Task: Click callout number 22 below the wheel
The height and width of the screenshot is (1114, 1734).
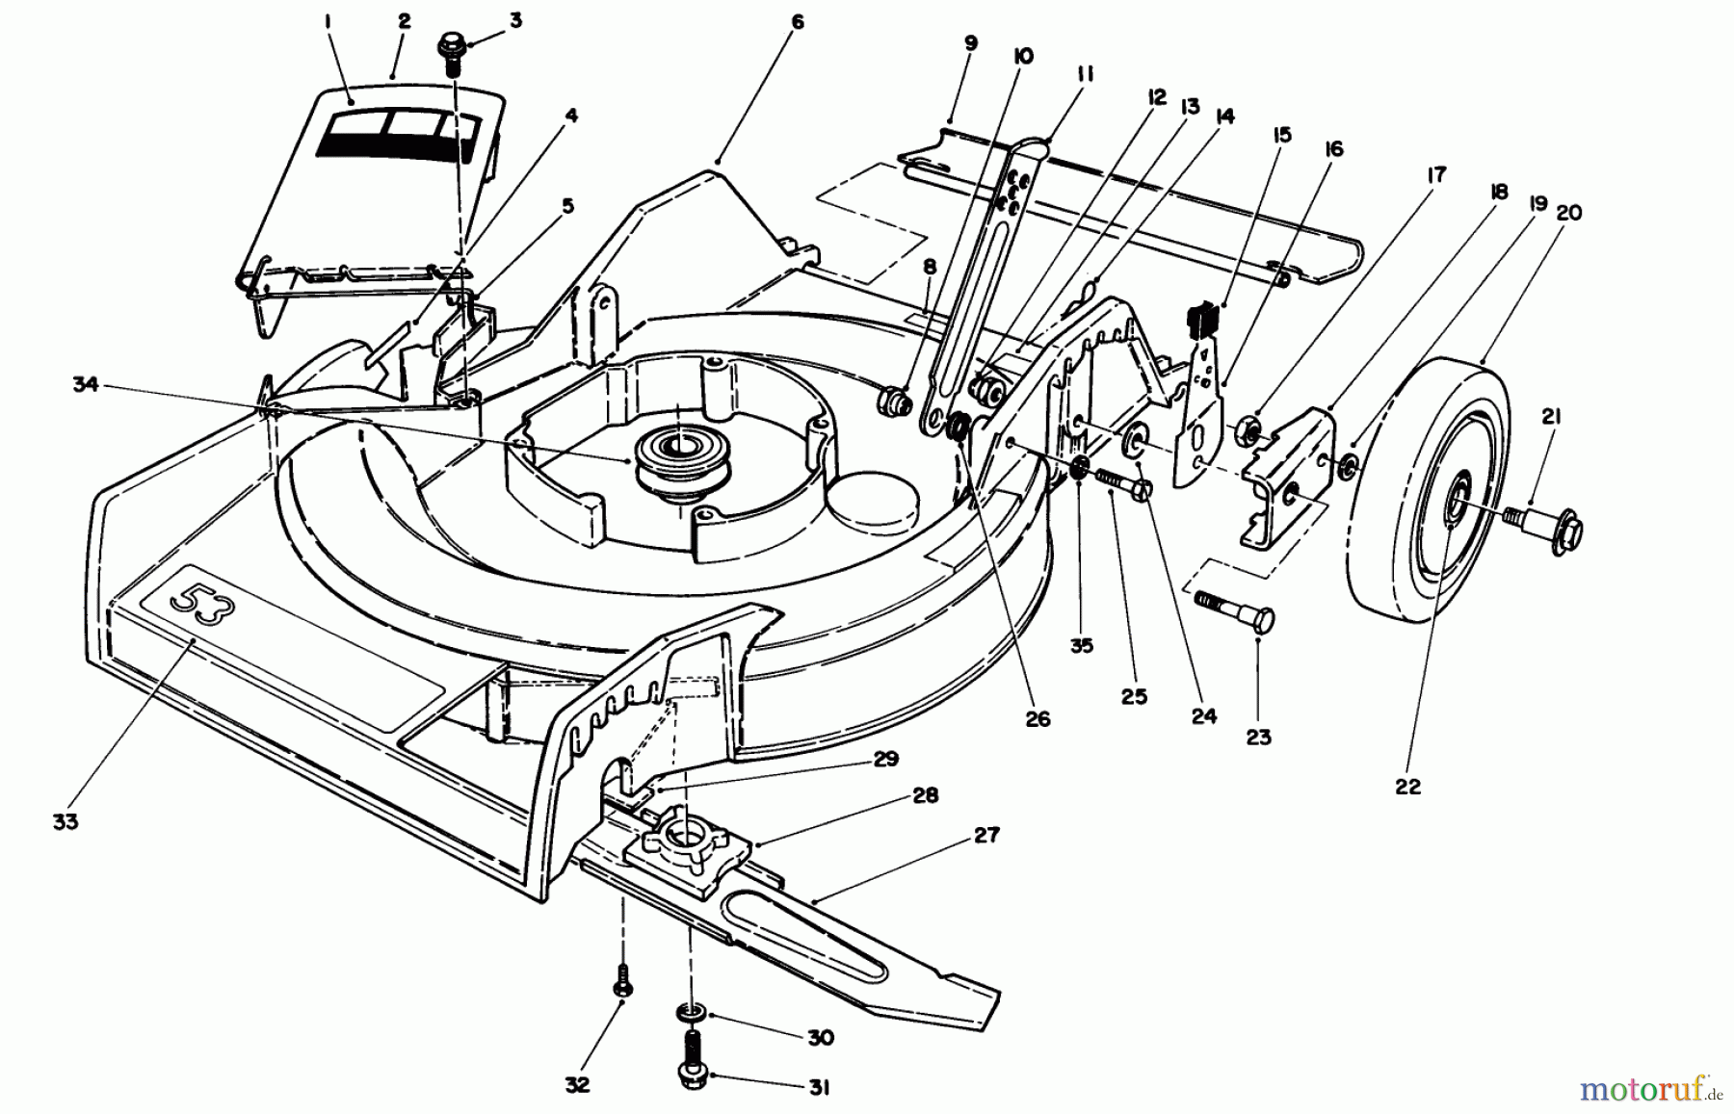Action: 1407,787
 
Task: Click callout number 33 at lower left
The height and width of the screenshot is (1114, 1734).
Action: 66,821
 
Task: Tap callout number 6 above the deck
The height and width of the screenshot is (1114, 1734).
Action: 796,21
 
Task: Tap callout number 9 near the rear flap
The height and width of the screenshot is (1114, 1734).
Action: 970,43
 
